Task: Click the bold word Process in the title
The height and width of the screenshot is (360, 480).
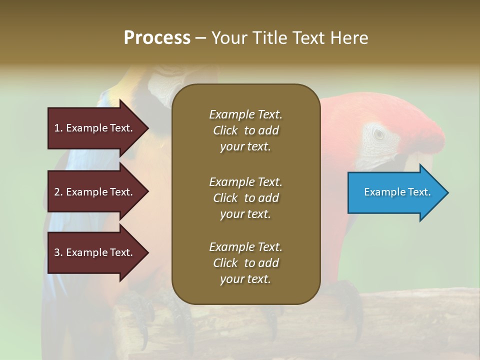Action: click(x=157, y=38)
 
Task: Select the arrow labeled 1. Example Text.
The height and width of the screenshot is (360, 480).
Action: click(x=95, y=128)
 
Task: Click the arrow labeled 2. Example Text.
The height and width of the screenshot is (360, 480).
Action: click(x=95, y=192)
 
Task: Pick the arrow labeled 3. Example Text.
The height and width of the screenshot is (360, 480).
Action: click(x=95, y=252)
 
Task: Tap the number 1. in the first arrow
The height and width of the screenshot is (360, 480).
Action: click(x=58, y=128)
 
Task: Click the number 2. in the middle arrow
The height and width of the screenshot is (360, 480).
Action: click(x=58, y=192)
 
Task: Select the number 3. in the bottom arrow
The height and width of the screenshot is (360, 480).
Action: click(x=58, y=252)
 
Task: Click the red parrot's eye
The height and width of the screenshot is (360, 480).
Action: click(x=379, y=133)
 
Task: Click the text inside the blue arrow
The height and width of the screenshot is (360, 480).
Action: click(x=397, y=192)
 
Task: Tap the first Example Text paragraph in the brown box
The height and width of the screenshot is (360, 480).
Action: click(x=245, y=130)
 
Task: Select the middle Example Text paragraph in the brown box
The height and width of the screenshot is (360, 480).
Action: click(x=245, y=198)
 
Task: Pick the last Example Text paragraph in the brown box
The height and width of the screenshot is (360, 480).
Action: click(x=245, y=263)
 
